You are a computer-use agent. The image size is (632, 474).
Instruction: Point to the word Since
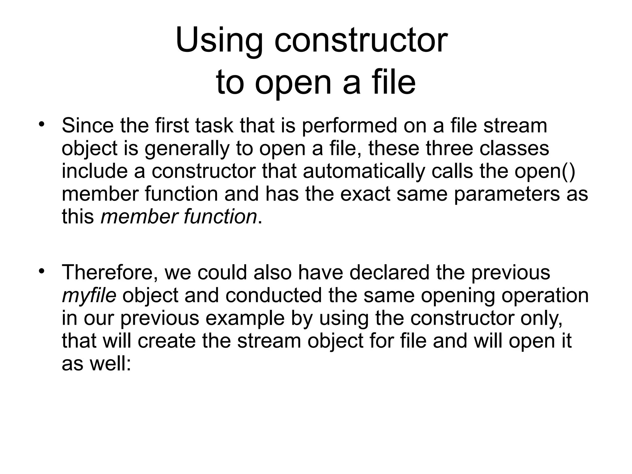[x=88, y=126]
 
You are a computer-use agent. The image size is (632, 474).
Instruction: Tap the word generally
[x=187, y=149]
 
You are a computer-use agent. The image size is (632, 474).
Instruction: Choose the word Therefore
[x=110, y=273]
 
